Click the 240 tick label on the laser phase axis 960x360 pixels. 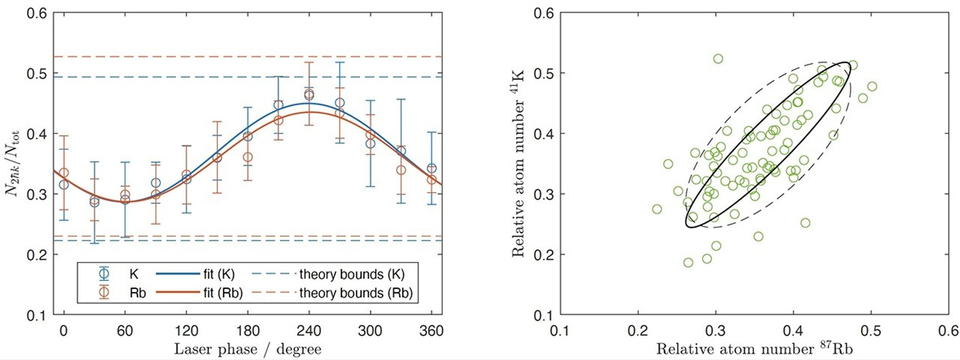tap(309, 331)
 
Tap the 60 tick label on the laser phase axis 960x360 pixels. tap(125, 331)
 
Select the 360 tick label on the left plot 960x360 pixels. tap(431, 331)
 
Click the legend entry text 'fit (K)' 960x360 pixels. tap(219, 274)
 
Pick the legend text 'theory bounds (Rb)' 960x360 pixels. tap(356, 293)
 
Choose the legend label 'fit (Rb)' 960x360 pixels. tap(223, 293)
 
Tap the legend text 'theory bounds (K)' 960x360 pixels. tap(352, 274)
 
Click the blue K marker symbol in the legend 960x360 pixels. tap(104, 273)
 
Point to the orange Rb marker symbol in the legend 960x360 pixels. tap(104, 292)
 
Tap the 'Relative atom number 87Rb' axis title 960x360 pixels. tap(754, 349)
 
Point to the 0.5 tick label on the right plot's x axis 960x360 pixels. tap(871, 331)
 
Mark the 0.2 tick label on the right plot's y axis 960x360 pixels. tap(544, 255)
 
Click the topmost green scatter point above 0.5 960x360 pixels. tap(718, 59)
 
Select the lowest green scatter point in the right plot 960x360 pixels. tap(688, 263)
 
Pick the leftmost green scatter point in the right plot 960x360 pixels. tap(657, 209)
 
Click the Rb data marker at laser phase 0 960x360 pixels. tap(64, 173)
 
